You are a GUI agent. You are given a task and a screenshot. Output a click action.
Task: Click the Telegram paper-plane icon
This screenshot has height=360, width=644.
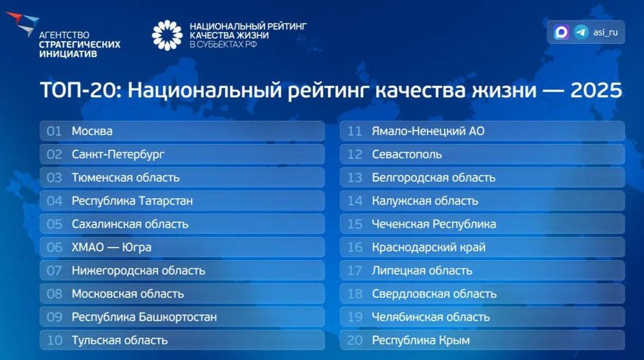click(581, 32)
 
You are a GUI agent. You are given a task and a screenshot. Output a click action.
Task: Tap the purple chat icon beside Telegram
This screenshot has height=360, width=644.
click(561, 32)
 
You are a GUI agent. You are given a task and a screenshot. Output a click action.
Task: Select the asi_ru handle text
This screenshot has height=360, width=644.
click(605, 32)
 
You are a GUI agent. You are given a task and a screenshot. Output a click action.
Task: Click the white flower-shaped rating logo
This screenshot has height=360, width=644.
click(167, 35)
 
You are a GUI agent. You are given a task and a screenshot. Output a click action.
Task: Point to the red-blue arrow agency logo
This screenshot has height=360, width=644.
click(23, 24)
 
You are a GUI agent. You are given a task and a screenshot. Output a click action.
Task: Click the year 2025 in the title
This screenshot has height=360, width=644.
click(596, 91)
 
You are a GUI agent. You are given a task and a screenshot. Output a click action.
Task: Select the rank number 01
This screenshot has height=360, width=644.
click(54, 132)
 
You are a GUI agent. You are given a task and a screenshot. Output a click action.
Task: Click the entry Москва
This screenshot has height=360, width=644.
click(92, 132)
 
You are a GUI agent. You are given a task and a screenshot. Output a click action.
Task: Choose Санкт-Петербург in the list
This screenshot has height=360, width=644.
click(119, 155)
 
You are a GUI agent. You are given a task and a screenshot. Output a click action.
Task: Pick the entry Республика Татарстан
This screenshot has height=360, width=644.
click(132, 201)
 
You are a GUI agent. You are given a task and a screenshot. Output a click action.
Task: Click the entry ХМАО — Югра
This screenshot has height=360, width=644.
click(112, 248)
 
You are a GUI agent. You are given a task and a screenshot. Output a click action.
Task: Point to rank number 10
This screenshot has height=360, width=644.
click(55, 340)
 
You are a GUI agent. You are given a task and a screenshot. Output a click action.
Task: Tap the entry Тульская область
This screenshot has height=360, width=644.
click(120, 340)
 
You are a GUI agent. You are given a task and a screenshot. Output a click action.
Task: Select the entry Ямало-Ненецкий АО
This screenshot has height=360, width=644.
click(429, 132)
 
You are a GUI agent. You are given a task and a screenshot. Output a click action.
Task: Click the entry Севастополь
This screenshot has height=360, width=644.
click(407, 155)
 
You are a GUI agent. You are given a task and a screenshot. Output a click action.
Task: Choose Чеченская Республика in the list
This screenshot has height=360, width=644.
click(434, 224)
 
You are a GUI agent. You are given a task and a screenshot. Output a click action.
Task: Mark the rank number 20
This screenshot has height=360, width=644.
click(355, 340)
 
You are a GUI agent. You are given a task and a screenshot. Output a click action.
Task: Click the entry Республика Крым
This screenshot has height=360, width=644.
click(421, 340)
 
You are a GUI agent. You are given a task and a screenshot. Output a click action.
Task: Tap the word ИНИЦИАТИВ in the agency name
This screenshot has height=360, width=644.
click(68, 54)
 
